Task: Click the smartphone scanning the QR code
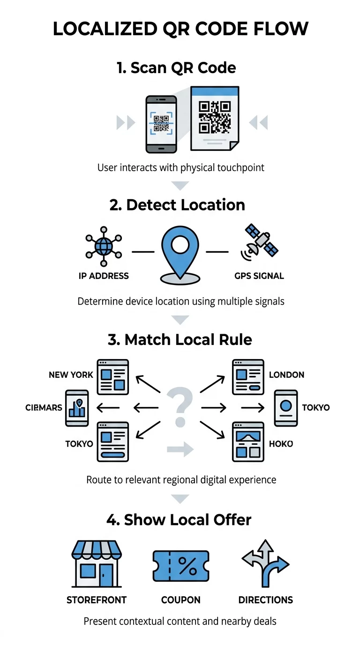point(161,124)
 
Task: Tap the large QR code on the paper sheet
point(215,117)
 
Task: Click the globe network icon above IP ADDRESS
point(104,247)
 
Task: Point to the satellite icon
point(260,242)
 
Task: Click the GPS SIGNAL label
point(259,276)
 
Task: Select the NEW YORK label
point(71,375)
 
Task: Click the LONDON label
point(286,375)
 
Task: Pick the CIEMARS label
point(44,407)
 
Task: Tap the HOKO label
point(281,444)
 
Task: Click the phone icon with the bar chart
point(77,408)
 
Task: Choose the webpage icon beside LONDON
point(248,377)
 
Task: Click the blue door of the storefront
point(106,575)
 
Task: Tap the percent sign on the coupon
point(188,566)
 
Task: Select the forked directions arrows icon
point(265,563)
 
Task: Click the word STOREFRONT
point(97,600)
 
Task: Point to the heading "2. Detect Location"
point(177,205)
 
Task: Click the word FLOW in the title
point(280,29)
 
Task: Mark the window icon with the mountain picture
point(248,442)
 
